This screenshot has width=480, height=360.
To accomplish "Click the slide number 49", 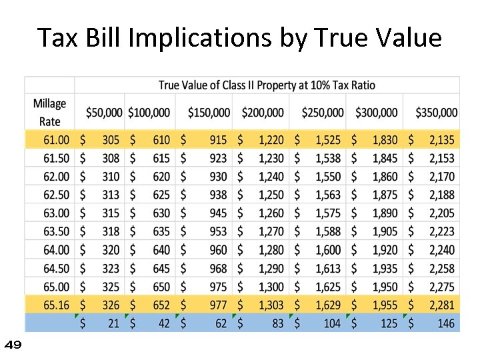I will click(x=13, y=345).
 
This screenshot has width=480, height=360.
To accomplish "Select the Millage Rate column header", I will click(x=49, y=113).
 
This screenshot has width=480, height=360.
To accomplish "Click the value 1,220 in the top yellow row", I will click(x=270, y=140).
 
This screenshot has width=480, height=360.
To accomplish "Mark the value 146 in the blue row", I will click(x=445, y=323).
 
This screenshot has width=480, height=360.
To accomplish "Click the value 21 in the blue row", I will click(x=114, y=323).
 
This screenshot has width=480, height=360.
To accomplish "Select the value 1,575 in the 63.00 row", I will click(x=327, y=213).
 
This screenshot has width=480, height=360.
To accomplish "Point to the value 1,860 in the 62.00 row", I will click(x=385, y=177).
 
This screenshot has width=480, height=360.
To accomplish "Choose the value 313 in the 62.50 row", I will click(x=111, y=195).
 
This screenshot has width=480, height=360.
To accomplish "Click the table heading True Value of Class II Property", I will click(x=267, y=85).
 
